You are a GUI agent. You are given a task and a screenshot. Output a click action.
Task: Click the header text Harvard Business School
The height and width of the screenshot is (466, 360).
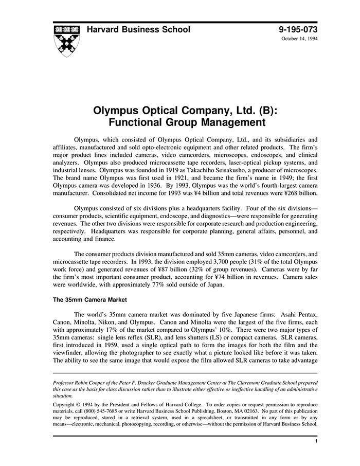(138, 30)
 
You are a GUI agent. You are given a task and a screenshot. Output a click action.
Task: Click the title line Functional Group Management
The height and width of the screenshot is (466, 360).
(179, 123)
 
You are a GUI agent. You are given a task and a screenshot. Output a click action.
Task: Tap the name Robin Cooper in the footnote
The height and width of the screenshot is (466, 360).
(91, 383)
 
